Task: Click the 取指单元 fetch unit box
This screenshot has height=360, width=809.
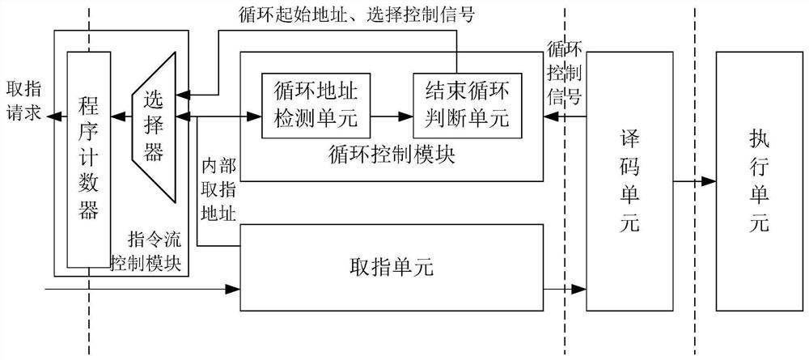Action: pos(391,268)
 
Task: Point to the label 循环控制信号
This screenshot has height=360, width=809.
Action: pos(564,74)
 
